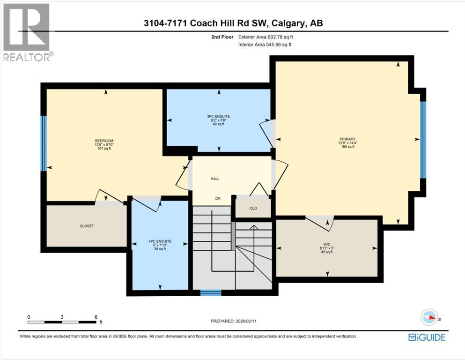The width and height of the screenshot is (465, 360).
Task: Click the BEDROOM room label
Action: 104,141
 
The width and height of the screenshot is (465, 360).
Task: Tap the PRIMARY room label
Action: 348,139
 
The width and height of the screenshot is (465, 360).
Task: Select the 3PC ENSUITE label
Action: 219,116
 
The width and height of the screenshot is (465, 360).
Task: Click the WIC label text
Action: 326,244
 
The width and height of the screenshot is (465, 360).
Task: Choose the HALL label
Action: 215,179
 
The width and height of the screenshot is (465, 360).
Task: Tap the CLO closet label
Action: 253,209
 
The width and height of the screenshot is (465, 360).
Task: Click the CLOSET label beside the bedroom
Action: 87,226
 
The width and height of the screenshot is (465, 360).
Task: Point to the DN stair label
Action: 218,198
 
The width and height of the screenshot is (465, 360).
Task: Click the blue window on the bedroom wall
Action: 43,143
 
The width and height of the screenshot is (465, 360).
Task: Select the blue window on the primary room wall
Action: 423,140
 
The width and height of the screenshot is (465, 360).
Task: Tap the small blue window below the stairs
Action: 211,293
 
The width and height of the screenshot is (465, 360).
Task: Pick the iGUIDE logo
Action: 427,337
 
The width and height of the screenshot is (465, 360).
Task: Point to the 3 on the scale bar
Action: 62,317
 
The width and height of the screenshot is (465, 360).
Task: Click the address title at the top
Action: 232,23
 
